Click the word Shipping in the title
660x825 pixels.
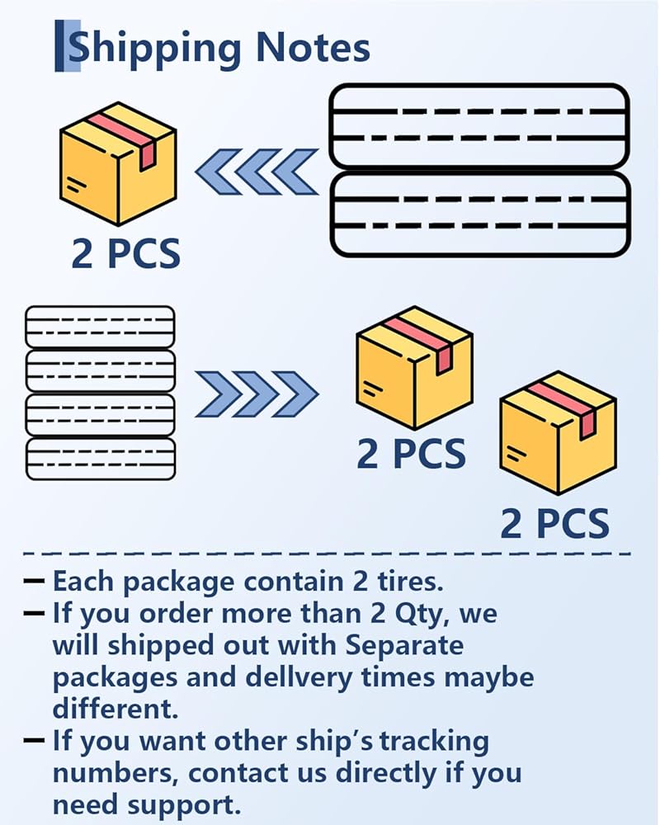[154, 49]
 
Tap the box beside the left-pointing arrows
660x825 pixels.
[118, 163]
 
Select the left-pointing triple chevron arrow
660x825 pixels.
[257, 172]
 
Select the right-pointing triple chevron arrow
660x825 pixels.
[257, 394]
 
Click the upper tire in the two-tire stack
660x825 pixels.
[479, 125]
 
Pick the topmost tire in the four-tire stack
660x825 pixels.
[100, 326]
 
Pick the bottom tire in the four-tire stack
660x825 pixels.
[100, 458]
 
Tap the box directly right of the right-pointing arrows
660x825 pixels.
[414, 368]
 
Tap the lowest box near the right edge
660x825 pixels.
[558, 433]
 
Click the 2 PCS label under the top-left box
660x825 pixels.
[125, 253]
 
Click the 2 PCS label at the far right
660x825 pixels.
[554, 524]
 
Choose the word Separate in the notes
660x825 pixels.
[404, 647]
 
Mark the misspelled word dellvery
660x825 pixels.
[299, 678]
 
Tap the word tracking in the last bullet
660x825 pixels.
[435, 742]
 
